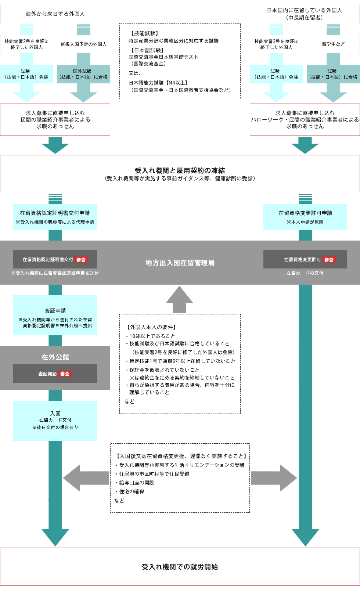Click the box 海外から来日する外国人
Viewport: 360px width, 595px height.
pos(55,14)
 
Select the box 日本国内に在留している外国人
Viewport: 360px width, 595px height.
pos(305,14)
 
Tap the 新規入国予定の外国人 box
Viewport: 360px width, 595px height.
pos(83,44)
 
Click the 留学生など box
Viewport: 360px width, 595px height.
pos(333,44)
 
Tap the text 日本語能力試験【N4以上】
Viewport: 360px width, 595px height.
pos(158,83)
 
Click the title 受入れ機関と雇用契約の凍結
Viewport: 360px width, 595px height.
pos(180,170)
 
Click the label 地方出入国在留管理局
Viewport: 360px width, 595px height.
pos(180,263)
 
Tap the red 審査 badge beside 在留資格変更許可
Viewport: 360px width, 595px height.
pos(329,260)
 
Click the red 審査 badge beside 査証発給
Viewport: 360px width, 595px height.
pos(65,374)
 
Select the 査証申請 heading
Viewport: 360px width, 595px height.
pos(55,311)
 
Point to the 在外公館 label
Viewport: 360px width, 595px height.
pos(55,357)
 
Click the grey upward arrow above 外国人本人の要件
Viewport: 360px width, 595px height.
pos(179,299)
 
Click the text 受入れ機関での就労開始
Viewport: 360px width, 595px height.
pos(180,567)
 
